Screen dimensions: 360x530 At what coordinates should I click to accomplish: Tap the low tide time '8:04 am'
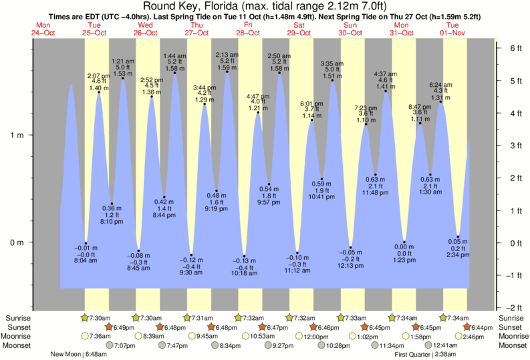tap(86, 261)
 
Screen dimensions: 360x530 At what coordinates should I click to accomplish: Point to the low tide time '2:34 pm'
tap(458, 255)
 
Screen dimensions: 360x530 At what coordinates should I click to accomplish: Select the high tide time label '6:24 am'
tap(441, 85)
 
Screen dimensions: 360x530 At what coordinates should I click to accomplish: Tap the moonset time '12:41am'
tap(446, 345)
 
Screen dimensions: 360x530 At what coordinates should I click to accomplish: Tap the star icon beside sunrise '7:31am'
tap(188, 318)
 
